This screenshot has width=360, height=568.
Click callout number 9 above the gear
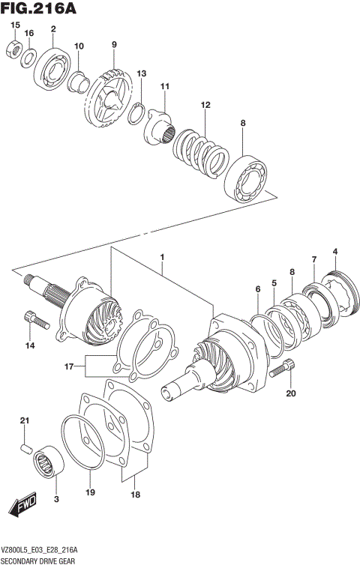114,45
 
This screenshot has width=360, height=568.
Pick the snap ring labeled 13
136,112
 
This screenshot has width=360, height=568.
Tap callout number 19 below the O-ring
89,493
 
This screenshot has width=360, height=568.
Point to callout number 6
256,289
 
